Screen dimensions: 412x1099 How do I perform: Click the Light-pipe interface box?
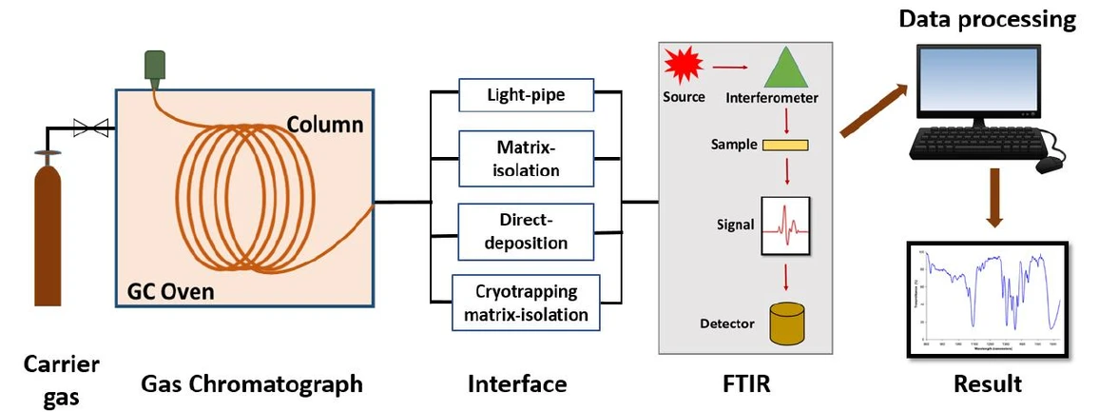(x=526, y=95)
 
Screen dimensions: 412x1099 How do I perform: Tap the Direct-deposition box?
(x=526, y=230)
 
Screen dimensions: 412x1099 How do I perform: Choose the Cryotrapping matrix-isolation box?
(x=526, y=302)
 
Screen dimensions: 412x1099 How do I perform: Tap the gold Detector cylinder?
(x=785, y=324)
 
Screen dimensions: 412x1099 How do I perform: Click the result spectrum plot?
(x=985, y=299)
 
